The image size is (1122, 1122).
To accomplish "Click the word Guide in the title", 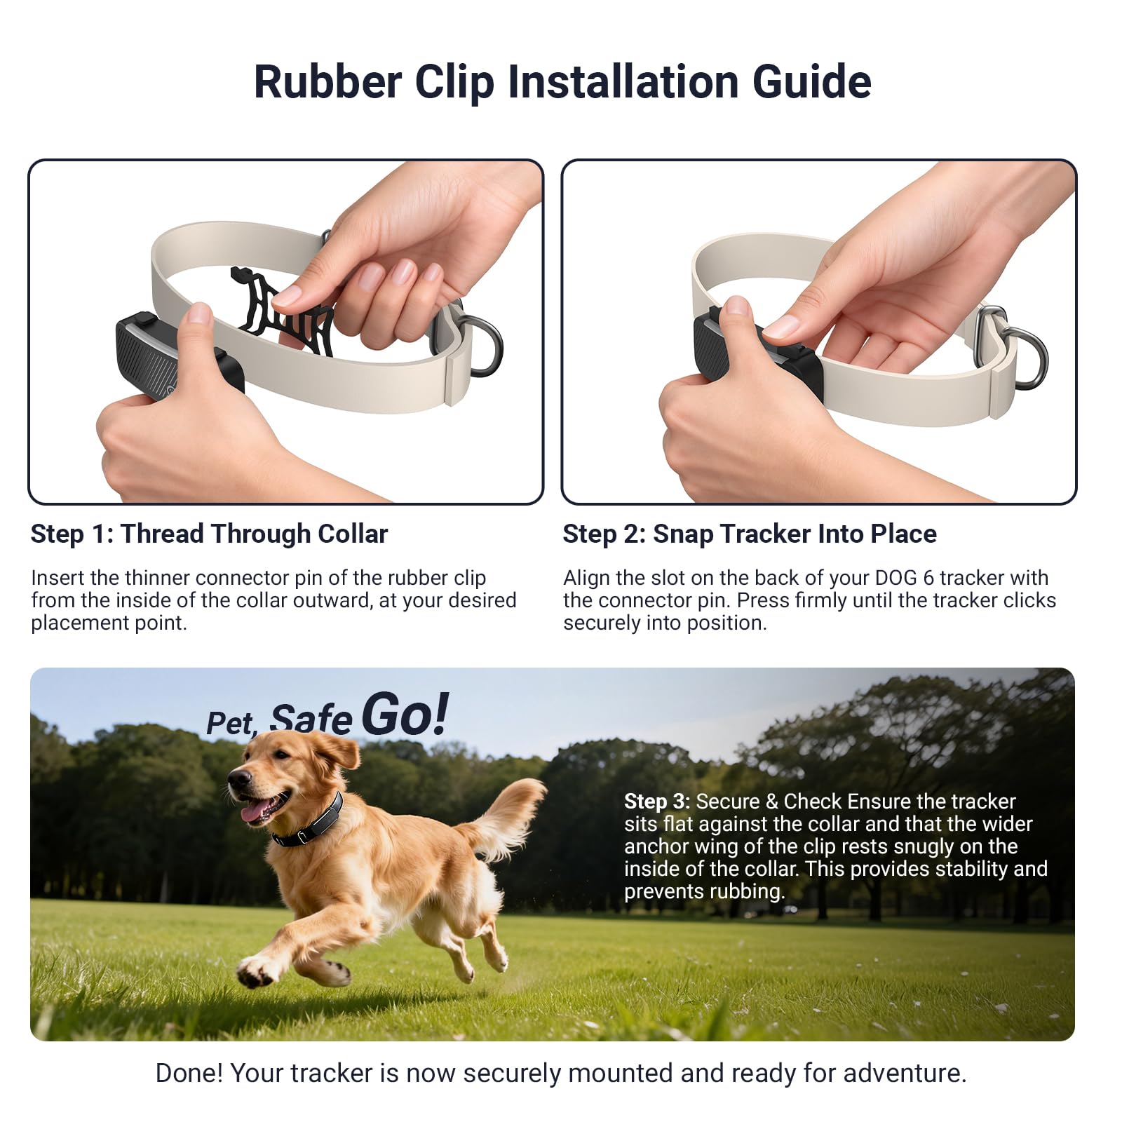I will (x=811, y=82).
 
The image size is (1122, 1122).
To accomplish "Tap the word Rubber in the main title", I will (x=327, y=82).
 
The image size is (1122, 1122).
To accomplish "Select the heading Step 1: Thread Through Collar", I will (x=209, y=534).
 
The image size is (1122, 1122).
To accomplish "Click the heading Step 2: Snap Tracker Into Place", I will (x=749, y=534).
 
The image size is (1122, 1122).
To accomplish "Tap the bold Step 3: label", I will (x=656, y=801).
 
